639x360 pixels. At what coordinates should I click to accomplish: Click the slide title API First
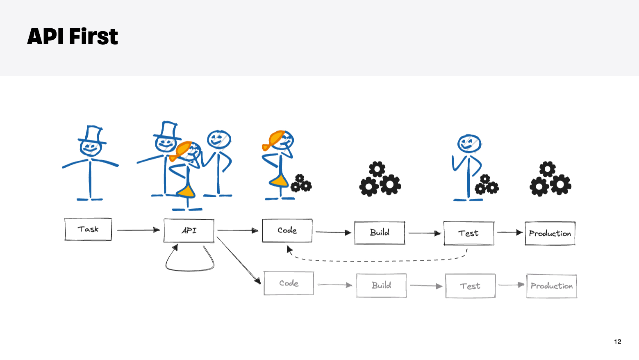point(73,36)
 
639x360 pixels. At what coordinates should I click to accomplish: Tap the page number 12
point(617,342)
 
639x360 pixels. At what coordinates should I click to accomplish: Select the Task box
point(88,229)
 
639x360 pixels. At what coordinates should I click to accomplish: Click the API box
point(189,230)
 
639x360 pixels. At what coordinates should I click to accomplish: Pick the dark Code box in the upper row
point(287,230)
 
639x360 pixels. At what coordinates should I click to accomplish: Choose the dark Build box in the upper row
point(380,232)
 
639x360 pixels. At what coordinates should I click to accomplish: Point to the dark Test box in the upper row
point(468,233)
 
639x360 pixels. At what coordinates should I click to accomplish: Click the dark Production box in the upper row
point(550,233)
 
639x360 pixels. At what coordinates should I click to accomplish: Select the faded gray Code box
point(289,283)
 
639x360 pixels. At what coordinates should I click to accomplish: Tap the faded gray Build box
point(381,285)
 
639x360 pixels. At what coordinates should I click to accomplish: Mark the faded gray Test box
point(470,286)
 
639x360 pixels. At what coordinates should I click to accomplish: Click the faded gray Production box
point(551,286)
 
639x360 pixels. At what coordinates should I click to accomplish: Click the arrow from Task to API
point(138,230)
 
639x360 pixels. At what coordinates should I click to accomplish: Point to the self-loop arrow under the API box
point(189,269)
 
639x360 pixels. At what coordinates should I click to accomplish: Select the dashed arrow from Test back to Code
point(377,260)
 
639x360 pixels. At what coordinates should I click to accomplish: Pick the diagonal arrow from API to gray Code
point(239,260)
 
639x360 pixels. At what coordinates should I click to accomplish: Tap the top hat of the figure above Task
point(93,135)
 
